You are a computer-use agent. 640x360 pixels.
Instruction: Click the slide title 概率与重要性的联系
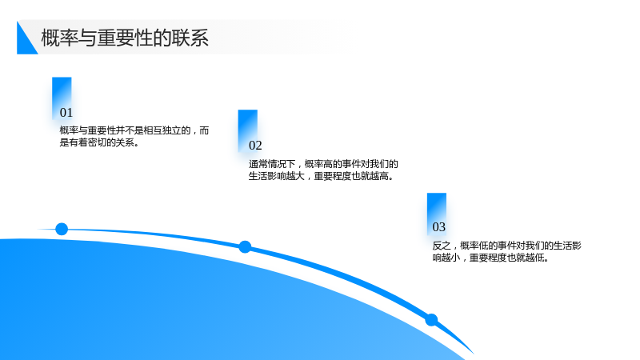click(125, 38)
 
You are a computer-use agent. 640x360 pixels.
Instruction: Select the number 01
click(66, 112)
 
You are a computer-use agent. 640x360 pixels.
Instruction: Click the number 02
click(255, 146)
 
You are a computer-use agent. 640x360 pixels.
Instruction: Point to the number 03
click(438, 227)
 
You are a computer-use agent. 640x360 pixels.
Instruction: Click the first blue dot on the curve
click(62, 229)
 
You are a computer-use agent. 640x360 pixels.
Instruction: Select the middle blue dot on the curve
click(245, 246)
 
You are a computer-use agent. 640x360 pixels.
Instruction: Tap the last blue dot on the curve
click(431, 319)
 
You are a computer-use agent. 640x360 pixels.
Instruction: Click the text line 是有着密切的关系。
click(99, 142)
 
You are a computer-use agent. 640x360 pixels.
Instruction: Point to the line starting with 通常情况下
click(323, 164)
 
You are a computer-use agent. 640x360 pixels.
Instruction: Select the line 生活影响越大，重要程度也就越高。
click(322, 176)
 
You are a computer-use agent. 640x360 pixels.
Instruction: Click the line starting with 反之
click(507, 246)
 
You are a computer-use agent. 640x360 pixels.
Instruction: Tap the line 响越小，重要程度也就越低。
click(490, 258)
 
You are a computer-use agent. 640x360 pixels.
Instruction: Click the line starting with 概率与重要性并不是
click(134, 130)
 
